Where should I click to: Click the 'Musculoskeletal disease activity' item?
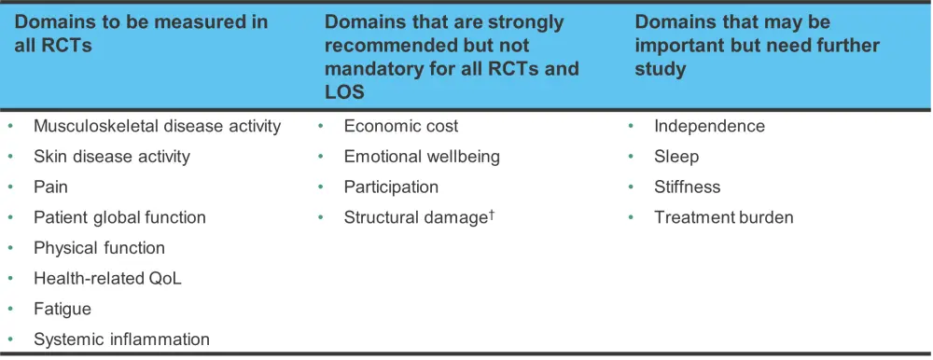pyautogui.click(x=157, y=126)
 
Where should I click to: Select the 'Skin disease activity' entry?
pyautogui.click(x=112, y=157)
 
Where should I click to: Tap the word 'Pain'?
pyautogui.click(x=50, y=187)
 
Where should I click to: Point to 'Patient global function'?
pyautogui.click(x=119, y=218)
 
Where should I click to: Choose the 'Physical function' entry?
pyautogui.click(x=100, y=248)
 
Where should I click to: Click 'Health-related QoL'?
pyautogui.click(x=107, y=279)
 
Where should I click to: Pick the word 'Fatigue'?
pyautogui.click(x=63, y=310)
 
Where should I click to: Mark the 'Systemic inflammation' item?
pyautogui.click(x=122, y=339)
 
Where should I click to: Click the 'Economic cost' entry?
pyautogui.click(x=401, y=126)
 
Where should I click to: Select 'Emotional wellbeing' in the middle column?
pyautogui.click(x=422, y=157)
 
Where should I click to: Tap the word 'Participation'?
pyautogui.click(x=391, y=187)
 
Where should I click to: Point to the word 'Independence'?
pyautogui.click(x=709, y=126)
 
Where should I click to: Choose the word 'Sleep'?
pyautogui.click(x=676, y=157)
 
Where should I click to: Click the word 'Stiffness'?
pyautogui.click(x=688, y=187)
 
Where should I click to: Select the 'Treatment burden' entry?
pyautogui.click(x=724, y=218)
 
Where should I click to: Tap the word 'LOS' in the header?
pyautogui.click(x=344, y=91)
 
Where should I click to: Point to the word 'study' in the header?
pyautogui.click(x=660, y=69)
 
